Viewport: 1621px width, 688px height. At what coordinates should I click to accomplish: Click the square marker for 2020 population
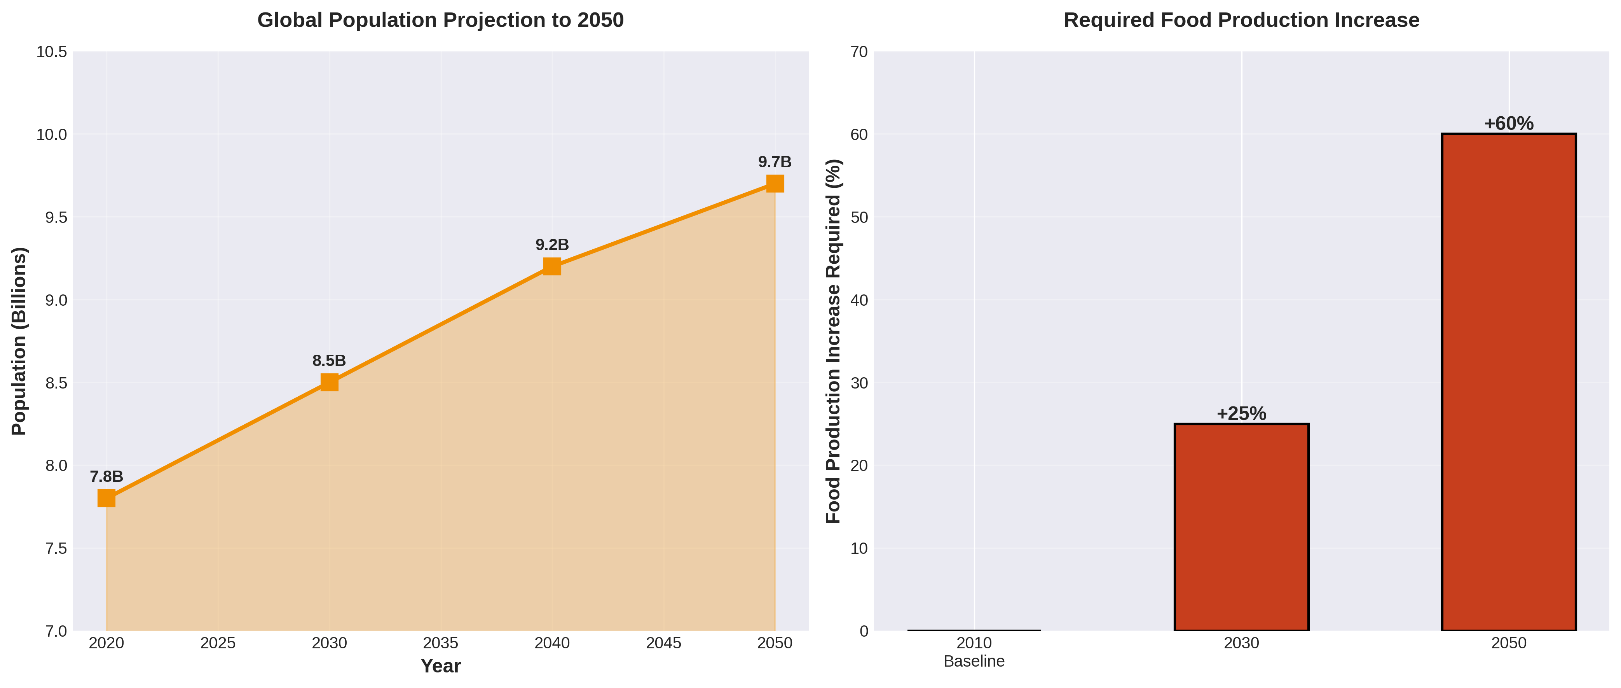pos(106,498)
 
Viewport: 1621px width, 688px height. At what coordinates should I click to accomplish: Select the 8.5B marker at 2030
pos(329,382)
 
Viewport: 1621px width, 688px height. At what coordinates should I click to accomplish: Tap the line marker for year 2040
pos(552,266)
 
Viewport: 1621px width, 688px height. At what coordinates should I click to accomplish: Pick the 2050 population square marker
pos(775,183)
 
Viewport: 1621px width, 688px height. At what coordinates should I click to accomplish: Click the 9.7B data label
pos(775,162)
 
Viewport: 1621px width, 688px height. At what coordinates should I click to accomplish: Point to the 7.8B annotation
pos(106,476)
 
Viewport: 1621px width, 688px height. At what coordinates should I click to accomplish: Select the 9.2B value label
pos(552,245)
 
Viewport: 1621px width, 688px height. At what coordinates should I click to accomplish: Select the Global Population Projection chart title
pos(440,20)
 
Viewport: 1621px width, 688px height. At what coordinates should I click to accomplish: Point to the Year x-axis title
pos(440,666)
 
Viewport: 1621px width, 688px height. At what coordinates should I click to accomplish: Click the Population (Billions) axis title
pos(19,341)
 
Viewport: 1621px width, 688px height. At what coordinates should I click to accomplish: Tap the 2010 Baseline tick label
pos(974,651)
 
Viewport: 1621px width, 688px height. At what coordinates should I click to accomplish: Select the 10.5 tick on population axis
pos(52,52)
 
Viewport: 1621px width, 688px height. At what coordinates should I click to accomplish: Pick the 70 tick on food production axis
pos(859,52)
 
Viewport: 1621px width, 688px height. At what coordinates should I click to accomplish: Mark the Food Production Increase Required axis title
pos(833,341)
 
